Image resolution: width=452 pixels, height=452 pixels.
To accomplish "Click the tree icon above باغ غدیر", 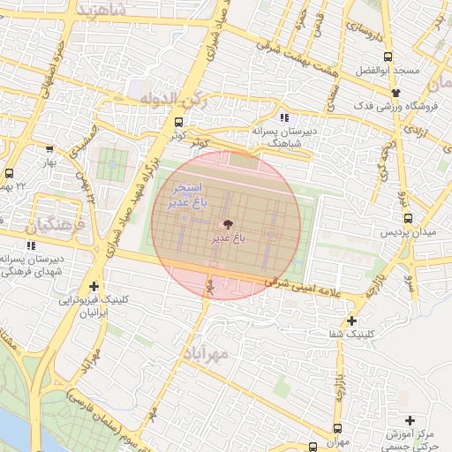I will coord(229,224).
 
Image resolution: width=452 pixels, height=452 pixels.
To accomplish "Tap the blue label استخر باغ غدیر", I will coord(186,196).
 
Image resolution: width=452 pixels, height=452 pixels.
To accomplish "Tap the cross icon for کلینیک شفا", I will coord(352,320).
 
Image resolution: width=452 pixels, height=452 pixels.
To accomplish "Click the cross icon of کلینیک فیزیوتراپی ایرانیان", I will coord(94,286).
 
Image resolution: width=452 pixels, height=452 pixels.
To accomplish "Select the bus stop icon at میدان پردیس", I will coord(407,218).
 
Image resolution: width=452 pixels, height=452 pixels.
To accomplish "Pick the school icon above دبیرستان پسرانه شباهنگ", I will coord(282,117).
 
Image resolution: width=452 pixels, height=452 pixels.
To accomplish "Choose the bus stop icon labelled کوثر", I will coord(179,123).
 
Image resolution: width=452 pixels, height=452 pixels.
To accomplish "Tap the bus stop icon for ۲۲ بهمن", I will coord(10,173).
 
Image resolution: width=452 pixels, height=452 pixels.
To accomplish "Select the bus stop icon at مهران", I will coord(336,427).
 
